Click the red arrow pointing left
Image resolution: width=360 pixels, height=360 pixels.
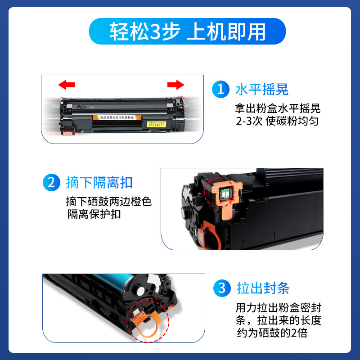click(x=67, y=84)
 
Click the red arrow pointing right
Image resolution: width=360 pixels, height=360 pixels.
click(x=175, y=84)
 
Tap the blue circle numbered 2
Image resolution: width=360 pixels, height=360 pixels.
click(x=50, y=183)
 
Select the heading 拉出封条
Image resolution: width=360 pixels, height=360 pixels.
click(x=263, y=288)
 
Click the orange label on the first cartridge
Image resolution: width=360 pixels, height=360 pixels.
click(x=114, y=118)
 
